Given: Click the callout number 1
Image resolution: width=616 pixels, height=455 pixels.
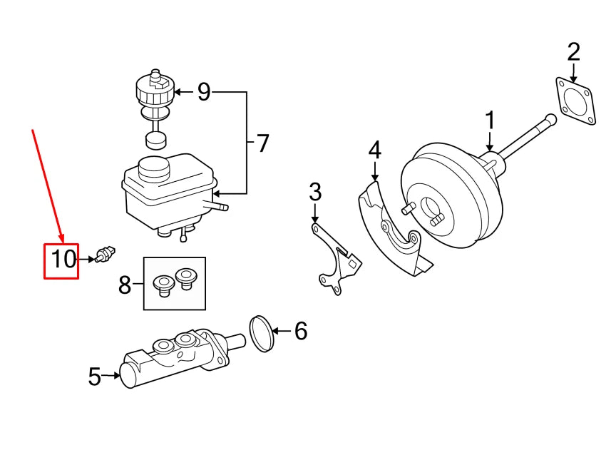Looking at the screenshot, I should click(490, 121).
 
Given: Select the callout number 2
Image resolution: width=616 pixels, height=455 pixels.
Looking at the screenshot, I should click(574, 52).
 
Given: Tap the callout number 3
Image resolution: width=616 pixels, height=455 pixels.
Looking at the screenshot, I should click(315, 192).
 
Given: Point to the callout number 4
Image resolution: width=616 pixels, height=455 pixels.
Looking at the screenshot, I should click(375, 150).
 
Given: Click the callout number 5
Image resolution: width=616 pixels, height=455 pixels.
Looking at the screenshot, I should click(95, 376).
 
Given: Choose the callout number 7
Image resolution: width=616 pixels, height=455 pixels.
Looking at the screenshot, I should click(262, 143).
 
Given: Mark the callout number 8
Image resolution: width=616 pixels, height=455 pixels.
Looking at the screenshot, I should click(125, 285).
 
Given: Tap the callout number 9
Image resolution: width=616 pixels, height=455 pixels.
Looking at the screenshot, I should click(204, 92).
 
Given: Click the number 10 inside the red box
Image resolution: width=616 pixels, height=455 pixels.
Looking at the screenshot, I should click(62, 259).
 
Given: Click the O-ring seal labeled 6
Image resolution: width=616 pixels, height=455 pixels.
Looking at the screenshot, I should click(262, 333).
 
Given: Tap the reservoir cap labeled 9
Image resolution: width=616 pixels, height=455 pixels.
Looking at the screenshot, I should click(154, 89).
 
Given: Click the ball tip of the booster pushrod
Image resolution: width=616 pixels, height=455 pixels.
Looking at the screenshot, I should click(550, 119).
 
